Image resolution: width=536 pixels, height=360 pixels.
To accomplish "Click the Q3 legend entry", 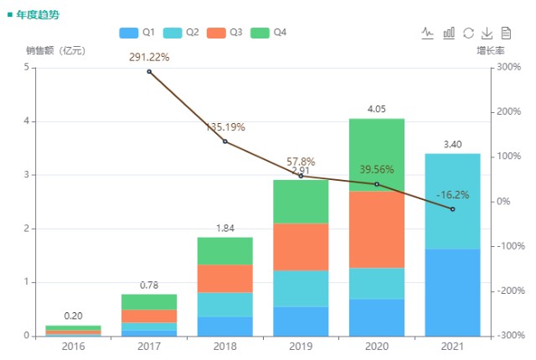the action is pyautogui.click(x=224, y=33).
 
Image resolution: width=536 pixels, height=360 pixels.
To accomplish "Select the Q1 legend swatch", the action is pyautogui.click(x=129, y=33).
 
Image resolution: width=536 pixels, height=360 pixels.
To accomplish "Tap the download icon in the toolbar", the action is pyautogui.click(x=487, y=33).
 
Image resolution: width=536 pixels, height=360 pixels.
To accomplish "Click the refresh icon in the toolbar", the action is pyautogui.click(x=468, y=33).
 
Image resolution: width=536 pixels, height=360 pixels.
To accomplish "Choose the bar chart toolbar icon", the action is pyautogui.click(x=449, y=33).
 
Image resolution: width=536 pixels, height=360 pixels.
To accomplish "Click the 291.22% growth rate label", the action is pyautogui.click(x=149, y=57).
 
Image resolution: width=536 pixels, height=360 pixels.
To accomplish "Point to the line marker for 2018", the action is pyautogui.click(x=225, y=141).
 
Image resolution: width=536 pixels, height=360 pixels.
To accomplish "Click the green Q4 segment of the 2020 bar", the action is pyautogui.click(x=377, y=155).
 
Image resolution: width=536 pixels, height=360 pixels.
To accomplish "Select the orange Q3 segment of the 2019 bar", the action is pyautogui.click(x=301, y=247).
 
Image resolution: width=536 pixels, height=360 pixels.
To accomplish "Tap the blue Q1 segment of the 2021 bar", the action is pyautogui.click(x=452, y=293).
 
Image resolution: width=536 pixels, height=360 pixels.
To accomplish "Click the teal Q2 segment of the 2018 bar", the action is pyautogui.click(x=225, y=305).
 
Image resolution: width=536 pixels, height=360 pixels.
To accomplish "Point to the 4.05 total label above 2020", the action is pyautogui.click(x=377, y=109).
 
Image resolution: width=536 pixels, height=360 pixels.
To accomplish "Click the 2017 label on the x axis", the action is pyautogui.click(x=149, y=347).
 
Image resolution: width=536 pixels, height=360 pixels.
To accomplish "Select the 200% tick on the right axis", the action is pyautogui.click(x=509, y=111).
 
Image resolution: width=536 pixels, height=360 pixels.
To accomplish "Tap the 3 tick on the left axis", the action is pyautogui.click(x=26, y=175).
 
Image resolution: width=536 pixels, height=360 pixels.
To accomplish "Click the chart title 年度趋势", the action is pyautogui.click(x=38, y=15).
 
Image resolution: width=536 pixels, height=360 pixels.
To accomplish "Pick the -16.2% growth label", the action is pyautogui.click(x=452, y=195).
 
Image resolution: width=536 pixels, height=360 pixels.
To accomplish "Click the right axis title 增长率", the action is pyautogui.click(x=491, y=50).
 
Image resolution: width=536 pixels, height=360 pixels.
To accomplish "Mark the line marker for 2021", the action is pyautogui.click(x=452, y=209).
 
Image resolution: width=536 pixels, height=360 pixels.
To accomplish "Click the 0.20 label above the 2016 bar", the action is pyautogui.click(x=73, y=316).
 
